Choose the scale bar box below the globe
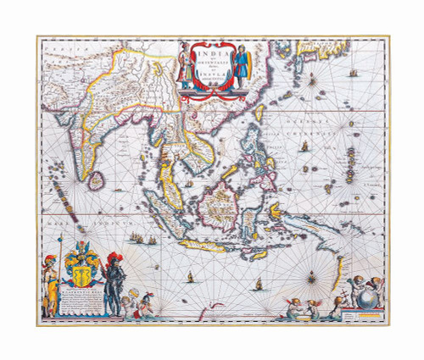tap(368, 319)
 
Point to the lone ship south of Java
tap(192, 276)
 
